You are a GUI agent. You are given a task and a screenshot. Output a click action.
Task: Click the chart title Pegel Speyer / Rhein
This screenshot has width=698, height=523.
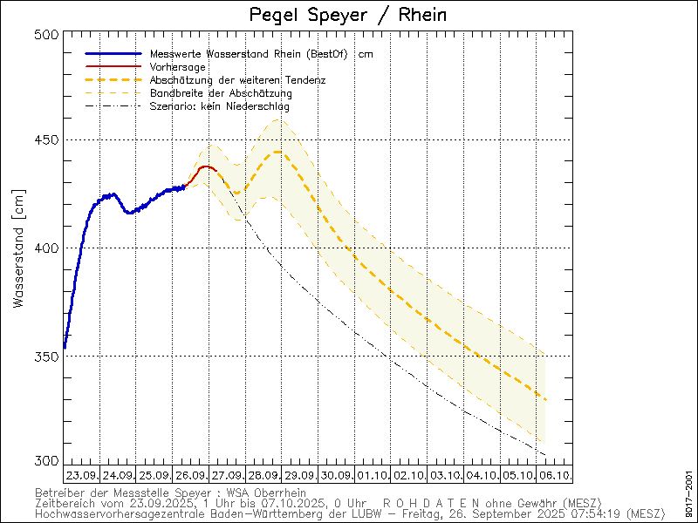click(347, 16)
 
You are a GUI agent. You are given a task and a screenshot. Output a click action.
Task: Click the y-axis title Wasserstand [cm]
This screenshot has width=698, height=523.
click(19, 248)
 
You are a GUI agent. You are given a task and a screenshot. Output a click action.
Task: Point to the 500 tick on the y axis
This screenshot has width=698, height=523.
click(48, 34)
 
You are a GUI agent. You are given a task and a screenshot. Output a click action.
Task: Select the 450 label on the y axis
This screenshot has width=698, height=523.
click(48, 140)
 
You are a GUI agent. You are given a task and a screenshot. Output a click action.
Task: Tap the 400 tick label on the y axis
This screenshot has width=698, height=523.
click(48, 248)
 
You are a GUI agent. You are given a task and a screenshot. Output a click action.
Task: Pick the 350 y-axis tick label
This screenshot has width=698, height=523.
click(48, 357)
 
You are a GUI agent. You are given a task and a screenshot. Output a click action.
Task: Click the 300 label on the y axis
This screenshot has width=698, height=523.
click(48, 461)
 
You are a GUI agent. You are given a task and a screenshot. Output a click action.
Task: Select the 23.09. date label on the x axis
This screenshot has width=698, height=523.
click(81, 476)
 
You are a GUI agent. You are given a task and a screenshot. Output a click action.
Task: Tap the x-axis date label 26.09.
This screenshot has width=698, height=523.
click(191, 476)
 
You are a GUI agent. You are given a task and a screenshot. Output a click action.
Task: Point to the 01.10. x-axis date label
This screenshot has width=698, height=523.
click(373, 476)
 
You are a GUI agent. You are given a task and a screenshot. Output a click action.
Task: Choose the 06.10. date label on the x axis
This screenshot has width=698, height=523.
click(554, 476)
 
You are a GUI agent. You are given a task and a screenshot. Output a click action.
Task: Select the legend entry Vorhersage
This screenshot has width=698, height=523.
click(177, 67)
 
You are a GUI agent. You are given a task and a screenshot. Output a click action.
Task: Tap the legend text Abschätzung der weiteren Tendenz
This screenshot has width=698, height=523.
click(231, 80)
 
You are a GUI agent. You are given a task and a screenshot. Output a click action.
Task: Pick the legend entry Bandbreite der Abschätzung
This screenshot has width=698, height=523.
click(221, 93)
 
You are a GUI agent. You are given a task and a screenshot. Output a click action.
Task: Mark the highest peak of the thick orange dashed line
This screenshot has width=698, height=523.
click(277, 152)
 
